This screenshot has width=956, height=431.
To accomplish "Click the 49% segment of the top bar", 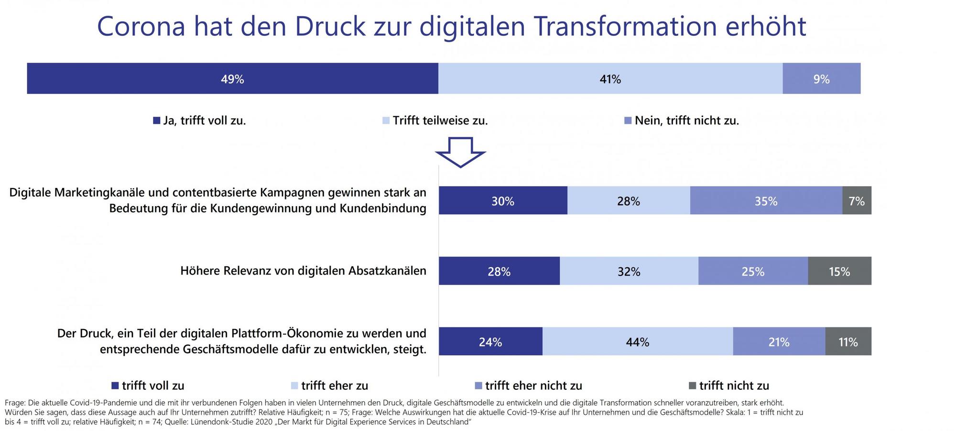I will pos(232,78).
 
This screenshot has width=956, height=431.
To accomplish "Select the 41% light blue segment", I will pos(610,78).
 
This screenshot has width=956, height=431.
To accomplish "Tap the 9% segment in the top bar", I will pos(821,78).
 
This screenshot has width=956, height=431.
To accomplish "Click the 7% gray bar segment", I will pos(857,200).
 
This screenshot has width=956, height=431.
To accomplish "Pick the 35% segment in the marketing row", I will pos(766,200).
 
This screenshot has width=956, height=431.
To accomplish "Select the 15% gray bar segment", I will pos(839,271).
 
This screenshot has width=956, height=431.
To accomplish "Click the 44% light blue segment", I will pos(637,341).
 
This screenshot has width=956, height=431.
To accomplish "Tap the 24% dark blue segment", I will pos(490,341).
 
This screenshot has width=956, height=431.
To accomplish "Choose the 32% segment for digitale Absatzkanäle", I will pos(629,271).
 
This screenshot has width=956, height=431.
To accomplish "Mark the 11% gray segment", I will pos(848,341).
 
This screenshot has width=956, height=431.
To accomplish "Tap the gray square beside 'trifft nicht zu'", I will pos(692,386).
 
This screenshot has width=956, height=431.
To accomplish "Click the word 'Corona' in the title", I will pos(141,26).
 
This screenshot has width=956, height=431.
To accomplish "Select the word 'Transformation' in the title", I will pos(625,26).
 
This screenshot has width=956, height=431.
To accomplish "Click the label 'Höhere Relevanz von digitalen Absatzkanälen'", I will pos(303,271).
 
